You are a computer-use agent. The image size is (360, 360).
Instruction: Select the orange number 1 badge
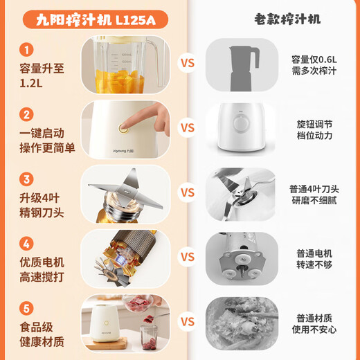coord(26,51)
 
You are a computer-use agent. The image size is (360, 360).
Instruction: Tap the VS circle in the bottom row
coord(188,322)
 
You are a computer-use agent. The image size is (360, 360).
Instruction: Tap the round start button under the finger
coord(125,127)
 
